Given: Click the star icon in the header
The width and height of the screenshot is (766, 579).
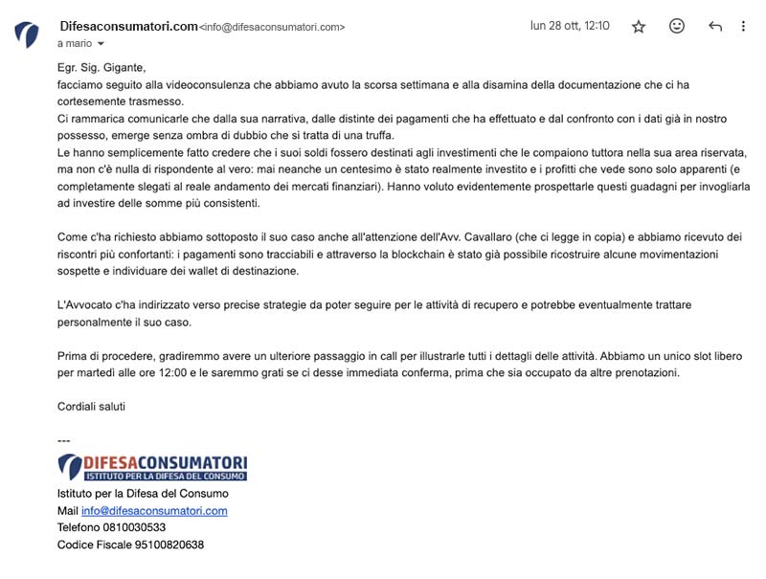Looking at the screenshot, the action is click(639, 27).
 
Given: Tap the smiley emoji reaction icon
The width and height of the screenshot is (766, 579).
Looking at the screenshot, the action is click(677, 27).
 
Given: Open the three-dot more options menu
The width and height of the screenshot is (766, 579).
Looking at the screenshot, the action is click(743, 27).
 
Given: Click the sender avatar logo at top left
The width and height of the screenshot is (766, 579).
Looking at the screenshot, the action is click(27, 35).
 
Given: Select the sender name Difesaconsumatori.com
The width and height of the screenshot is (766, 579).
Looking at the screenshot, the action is click(128, 26).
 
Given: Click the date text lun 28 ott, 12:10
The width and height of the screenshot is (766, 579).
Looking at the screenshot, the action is click(570, 26).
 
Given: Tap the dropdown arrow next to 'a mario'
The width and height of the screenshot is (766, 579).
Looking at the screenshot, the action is click(101, 44).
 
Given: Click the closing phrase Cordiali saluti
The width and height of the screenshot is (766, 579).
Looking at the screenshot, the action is click(91, 407).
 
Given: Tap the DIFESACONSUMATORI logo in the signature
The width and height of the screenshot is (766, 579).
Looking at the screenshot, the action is click(152, 467).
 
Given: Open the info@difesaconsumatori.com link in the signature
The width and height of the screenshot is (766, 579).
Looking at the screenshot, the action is click(154, 511).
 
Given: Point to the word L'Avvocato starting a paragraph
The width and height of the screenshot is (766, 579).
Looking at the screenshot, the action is click(84, 304).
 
